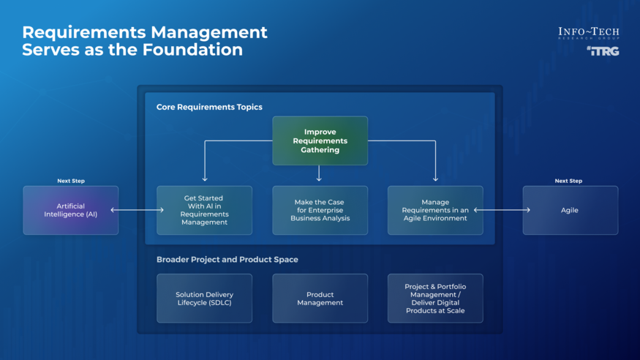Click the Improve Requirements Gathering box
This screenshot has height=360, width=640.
pos(320,140)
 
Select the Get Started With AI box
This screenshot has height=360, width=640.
pos(204,210)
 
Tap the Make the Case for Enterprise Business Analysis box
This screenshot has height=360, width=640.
pos(320,210)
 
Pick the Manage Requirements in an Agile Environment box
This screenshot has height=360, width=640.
pos(434,210)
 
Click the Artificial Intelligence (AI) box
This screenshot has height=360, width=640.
pos(70,210)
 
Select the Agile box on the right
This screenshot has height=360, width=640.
pos(570,210)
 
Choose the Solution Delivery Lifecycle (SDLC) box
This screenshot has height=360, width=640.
pos(204,299)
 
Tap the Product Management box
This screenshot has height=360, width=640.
pos(320,299)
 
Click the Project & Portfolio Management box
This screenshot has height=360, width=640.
pos(434,299)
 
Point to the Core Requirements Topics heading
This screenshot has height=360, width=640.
pos(209,108)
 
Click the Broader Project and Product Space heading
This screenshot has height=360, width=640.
pos(227,260)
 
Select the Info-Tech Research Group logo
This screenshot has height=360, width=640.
pos(588,33)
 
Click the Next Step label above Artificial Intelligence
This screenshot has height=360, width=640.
pos(70,181)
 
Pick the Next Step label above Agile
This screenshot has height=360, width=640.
pos(568,181)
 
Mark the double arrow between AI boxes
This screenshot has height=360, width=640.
pos(138,211)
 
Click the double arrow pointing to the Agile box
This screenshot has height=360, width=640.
pos(502,211)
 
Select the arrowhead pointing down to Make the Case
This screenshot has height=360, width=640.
pos(320,178)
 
